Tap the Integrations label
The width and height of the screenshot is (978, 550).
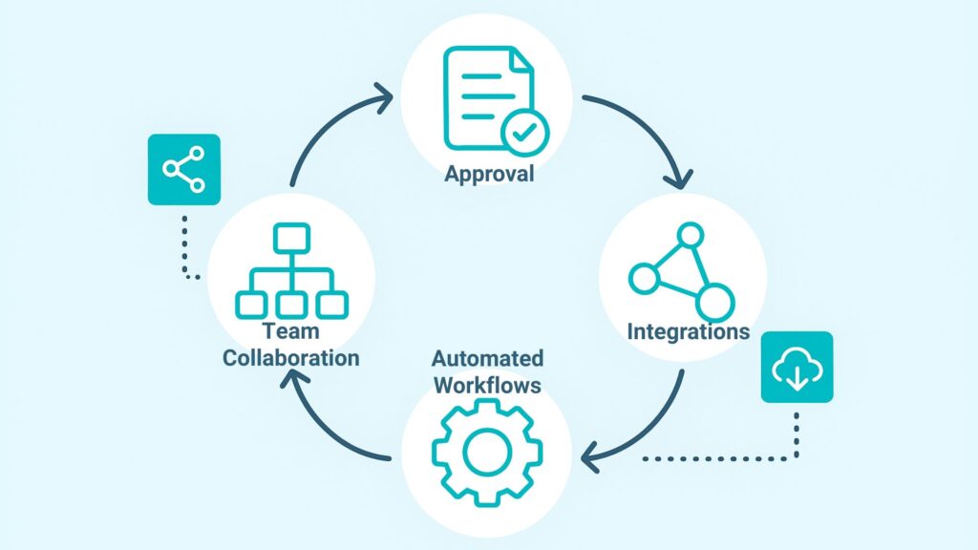(x=688, y=332)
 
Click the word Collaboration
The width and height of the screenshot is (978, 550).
(x=290, y=357)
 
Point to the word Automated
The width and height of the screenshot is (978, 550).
(x=487, y=359)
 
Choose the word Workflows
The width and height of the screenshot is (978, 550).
(x=487, y=386)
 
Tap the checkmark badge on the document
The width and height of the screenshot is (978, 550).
(x=524, y=134)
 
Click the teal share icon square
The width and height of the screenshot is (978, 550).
(x=183, y=169)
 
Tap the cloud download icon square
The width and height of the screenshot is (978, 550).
(x=796, y=367)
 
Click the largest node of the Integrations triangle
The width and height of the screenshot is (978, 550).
(x=713, y=302)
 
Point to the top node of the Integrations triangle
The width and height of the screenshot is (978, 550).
(x=690, y=234)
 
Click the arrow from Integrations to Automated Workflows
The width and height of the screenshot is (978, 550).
(x=649, y=430)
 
